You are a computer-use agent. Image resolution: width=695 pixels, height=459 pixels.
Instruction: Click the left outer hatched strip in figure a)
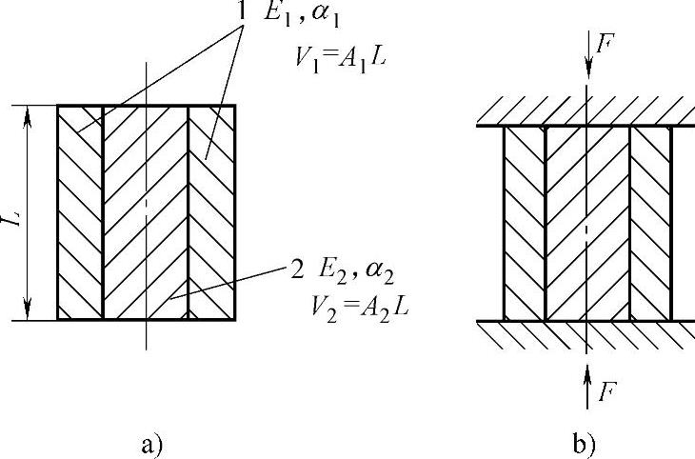[80, 211]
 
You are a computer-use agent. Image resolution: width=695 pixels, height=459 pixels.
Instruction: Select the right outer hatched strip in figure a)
[211, 211]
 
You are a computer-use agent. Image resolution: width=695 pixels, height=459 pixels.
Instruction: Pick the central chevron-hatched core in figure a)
[146, 211]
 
